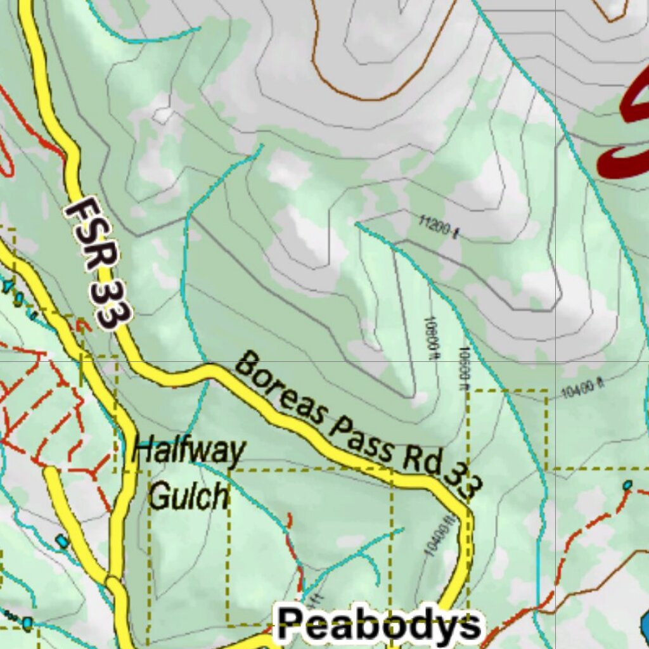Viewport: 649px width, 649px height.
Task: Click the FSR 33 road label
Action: [x=99, y=263]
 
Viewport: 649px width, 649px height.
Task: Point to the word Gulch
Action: [x=188, y=496]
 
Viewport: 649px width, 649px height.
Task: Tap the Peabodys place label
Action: [x=378, y=624]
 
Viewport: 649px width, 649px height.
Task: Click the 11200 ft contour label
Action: [x=438, y=227]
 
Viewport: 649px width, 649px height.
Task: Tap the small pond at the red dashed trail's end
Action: [x=627, y=485]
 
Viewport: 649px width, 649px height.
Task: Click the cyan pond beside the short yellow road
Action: [x=61, y=541]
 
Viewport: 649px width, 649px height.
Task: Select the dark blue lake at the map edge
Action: [x=644, y=624]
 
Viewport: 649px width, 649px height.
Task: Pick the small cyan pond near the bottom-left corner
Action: [x=27, y=623]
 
